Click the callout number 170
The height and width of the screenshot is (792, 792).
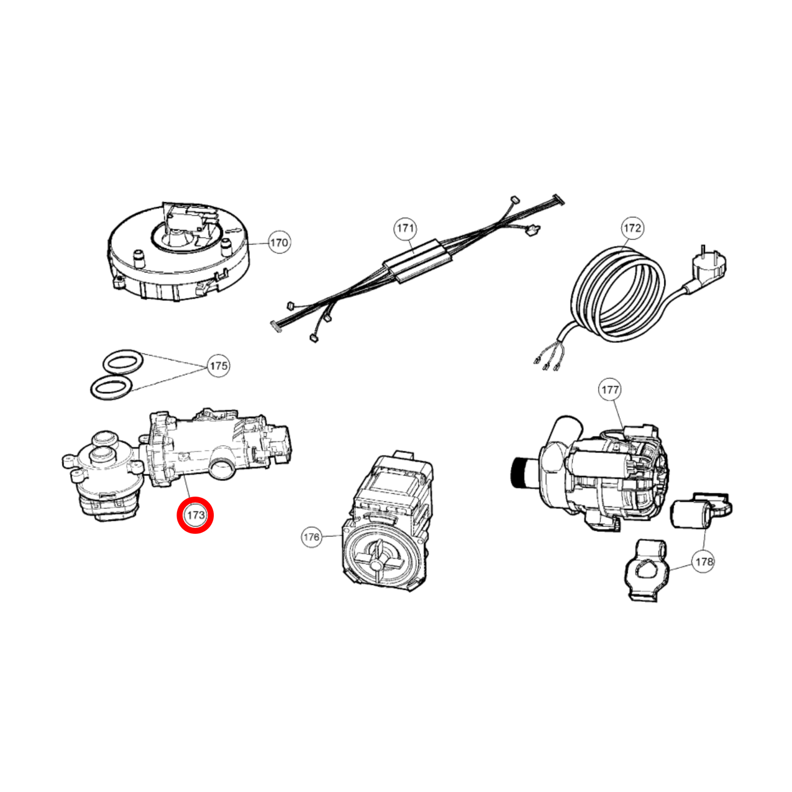click(x=279, y=242)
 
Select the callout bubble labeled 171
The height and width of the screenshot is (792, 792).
click(x=405, y=228)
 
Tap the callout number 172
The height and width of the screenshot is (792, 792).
click(x=632, y=228)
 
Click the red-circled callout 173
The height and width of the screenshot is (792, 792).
click(x=195, y=515)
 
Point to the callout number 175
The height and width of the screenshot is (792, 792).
click(x=219, y=366)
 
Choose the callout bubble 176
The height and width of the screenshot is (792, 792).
click(x=311, y=537)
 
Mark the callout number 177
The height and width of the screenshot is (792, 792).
click(x=609, y=390)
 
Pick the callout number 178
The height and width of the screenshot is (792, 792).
click(x=704, y=561)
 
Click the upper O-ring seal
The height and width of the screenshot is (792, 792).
click(x=123, y=362)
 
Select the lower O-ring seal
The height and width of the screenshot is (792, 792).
click(x=111, y=388)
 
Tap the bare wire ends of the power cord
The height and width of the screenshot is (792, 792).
click(x=545, y=362)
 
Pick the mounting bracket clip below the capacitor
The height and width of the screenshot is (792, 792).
click(x=647, y=572)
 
